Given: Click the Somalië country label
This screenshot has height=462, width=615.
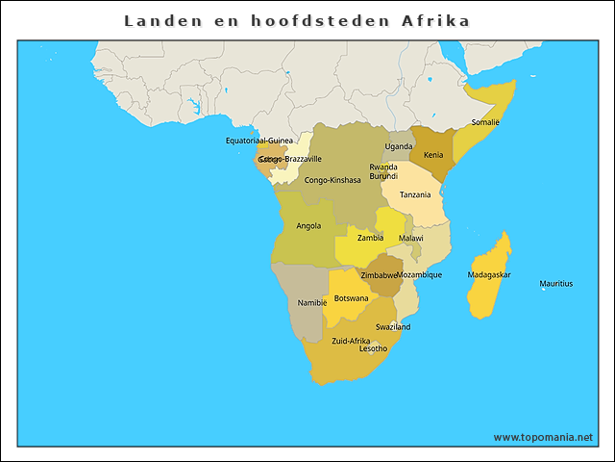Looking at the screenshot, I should pyautogui.click(x=484, y=122).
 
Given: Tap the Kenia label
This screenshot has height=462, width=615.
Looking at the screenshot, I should pyautogui.click(x=433, y=155).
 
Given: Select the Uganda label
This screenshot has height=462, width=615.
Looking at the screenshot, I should pyautogui.click(x=398, y=147).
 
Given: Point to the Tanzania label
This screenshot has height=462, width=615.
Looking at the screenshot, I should pyautogui.click(x=415, y=194).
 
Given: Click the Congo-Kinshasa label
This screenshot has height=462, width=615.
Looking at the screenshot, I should pyautogui.click(x=332, y=180).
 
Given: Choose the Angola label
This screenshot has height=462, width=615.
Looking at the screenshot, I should pyautogui.click(x=308, y=226).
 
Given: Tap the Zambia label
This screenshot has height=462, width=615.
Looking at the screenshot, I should pyautogui.click(x=370, y=238).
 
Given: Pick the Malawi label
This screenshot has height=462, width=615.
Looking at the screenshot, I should pyautogui.click(x=410, y=238).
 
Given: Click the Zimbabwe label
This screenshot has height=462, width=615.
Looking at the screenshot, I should pyautogui.click(x=379, y=275).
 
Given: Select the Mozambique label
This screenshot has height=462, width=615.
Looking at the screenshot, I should pyautogui.click(x=419, y=275).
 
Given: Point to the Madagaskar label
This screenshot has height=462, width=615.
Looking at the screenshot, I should pyautogui.click(x=489, y=275).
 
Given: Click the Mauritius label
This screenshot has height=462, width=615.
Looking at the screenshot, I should pyautogui.click(x=555, y=284).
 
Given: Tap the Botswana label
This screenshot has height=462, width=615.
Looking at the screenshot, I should pyautogui.click(x=351, y=298).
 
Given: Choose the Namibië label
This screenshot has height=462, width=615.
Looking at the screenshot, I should pyautogui.click(x=312, y=303).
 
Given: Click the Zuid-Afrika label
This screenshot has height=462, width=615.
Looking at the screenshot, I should pyautogui.click(x=351, y=341).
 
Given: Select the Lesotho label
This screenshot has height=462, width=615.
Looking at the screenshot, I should pyautogui.click(x=373, y=349).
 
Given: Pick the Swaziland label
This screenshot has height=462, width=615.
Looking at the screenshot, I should pyautogui.click(x=393, y=327).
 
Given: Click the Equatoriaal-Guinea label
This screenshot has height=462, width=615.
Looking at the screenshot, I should pyautogui.click(x=259, y=141).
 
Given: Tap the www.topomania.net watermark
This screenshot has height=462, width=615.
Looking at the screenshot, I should pyautogui.click(x=543, y=437).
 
